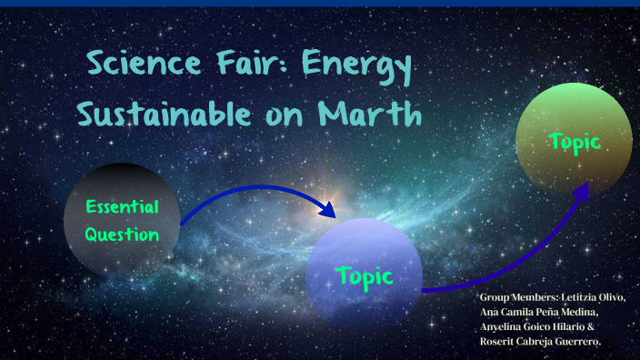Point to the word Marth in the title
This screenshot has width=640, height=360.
click(x=371, y=115)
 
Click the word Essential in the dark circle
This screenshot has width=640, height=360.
click(x=122, y=206)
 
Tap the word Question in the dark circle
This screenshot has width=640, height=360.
click(x=122, y=234)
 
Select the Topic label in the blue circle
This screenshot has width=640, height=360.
click(x=364, y=275)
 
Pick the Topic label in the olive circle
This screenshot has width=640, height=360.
click(x=575, y=141)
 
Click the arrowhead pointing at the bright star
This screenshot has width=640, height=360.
click(x=326, y=210)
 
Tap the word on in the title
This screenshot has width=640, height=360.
click(x=291, y=116)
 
